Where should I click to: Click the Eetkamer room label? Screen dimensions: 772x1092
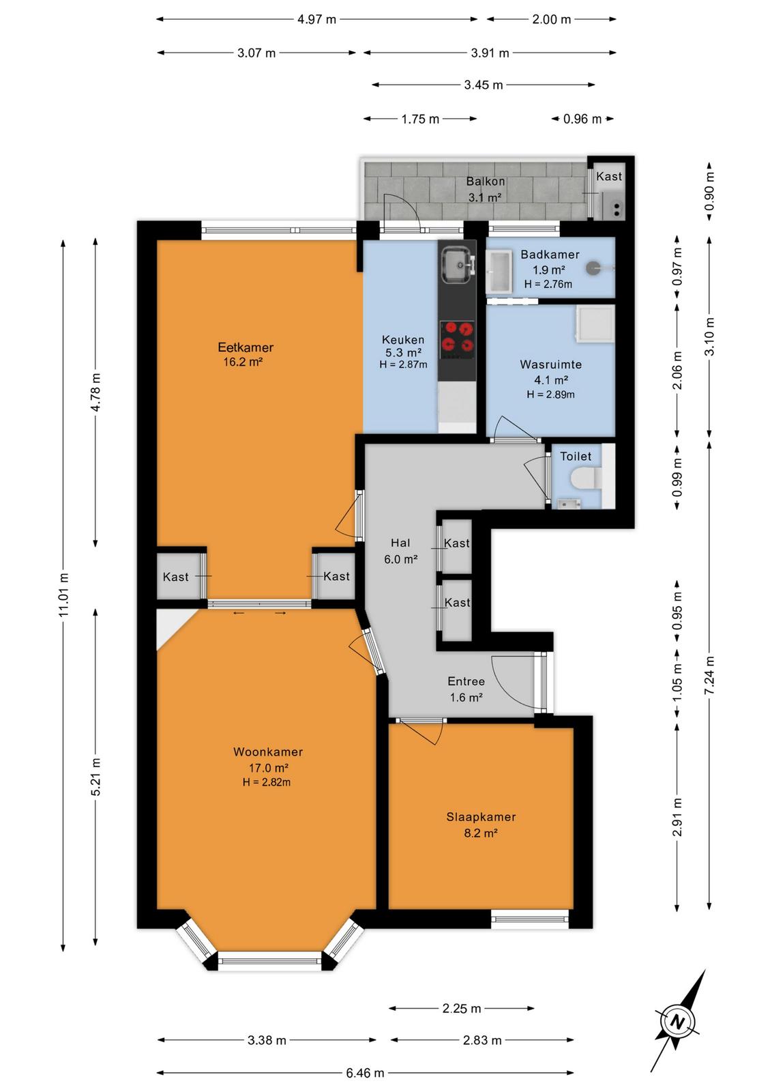[x=245, y=347]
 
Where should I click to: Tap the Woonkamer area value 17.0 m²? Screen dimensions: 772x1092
[x=269, y=768]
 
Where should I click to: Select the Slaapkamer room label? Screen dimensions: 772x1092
[x=481, y=817]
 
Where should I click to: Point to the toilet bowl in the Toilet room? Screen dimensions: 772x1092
[x=585, y=478]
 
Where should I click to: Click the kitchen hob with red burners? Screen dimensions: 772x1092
[x=457, y=337]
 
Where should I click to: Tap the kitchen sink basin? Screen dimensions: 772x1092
[x=456, y=264]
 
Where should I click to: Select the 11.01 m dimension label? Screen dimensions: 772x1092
[x=63, y=594]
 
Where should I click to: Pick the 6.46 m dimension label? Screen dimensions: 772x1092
[x=366, y=1072]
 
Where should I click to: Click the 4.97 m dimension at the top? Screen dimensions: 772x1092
[x=316, y=20]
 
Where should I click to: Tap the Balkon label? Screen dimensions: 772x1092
[x=485, y=182]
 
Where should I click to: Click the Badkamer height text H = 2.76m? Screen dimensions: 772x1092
[x=548, y=284]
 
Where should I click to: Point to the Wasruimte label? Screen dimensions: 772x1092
[x=550, y=364]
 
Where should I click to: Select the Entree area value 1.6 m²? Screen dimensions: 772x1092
[x=466, y=698]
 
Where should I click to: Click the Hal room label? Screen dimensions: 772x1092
[x=400, y=543]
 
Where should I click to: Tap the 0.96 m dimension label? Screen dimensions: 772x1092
[x=582, y=119]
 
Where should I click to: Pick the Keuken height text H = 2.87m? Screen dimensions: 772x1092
[x=403, y=364]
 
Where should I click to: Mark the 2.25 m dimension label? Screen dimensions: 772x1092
[x=462, y=1008]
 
